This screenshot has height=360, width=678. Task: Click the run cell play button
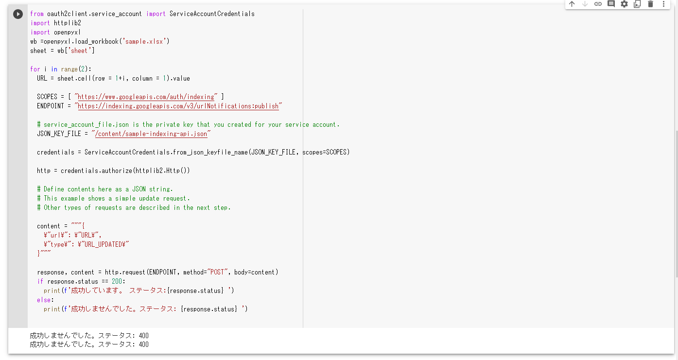click(18, 14)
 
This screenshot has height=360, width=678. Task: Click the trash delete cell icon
click(650, 4)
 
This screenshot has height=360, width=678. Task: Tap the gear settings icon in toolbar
click(624, 4)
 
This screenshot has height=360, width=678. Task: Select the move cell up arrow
click(572, 4)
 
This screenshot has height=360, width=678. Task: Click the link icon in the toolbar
click(598, 4)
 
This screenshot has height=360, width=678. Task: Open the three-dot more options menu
click(663, 4)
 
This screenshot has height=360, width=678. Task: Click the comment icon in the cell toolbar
click(611, 4)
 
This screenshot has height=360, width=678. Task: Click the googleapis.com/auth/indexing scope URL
click(146, 97)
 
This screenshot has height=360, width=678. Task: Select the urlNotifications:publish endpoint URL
click(178, 106)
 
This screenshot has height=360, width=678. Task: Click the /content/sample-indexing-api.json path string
click(151, 134)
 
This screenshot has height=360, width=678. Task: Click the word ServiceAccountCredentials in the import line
click(212, 14)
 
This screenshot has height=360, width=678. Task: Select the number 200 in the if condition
click(118, 281)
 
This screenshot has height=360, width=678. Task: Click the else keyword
click(45, 300)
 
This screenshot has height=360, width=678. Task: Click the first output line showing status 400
click(89, 336)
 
